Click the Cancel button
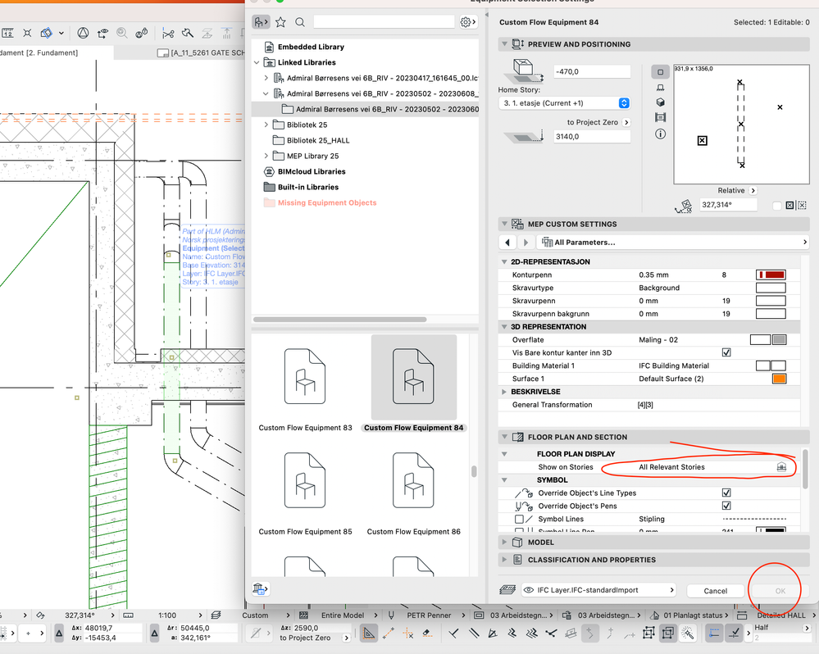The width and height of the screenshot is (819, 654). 715,590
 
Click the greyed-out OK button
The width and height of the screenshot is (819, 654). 780,590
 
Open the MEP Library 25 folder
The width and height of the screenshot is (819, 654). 312,156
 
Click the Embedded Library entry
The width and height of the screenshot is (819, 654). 311,47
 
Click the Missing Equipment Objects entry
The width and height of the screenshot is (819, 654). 327,202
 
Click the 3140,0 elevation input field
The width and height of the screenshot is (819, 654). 592,137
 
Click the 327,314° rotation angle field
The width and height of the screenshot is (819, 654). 727,205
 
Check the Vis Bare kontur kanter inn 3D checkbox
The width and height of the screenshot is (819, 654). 726,352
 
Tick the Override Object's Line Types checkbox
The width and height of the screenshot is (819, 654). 726,493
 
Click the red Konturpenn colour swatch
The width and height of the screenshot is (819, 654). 771,275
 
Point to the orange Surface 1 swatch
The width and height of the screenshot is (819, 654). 779,379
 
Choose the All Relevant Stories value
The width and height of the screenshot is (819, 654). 671,467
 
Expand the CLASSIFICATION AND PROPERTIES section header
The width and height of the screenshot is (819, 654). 591,560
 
